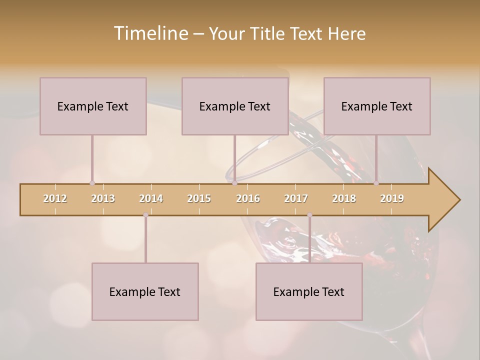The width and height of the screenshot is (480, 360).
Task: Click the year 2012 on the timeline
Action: [55, 199]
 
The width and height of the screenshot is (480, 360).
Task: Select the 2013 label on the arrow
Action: [103, 199]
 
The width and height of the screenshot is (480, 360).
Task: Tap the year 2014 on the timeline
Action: [151, 199]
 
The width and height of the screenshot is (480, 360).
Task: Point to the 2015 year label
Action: [199, 199]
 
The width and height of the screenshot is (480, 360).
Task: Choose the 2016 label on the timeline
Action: [248, 199]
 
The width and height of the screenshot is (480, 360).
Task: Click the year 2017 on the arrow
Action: [296, 199]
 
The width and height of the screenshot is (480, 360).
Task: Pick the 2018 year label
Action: [344, 199]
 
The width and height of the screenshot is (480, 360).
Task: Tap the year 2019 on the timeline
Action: [392, 199]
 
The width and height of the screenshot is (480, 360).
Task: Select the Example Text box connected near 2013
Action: [93, 106]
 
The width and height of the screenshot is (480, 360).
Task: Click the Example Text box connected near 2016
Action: [235, 106]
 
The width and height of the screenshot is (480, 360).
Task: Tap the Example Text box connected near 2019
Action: [377, 106]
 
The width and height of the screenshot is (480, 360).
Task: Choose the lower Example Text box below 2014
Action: [145, 291]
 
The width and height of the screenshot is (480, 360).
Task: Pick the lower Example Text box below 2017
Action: [309, 291]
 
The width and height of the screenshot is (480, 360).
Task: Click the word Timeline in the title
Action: [150, 33]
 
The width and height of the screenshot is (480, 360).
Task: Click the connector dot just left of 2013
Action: [92, 183]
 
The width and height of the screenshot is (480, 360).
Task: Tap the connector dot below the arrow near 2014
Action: [145, 215]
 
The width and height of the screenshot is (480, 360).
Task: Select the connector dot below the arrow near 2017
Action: [309, 215]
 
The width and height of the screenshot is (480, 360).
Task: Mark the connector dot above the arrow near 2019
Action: [376, 183]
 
